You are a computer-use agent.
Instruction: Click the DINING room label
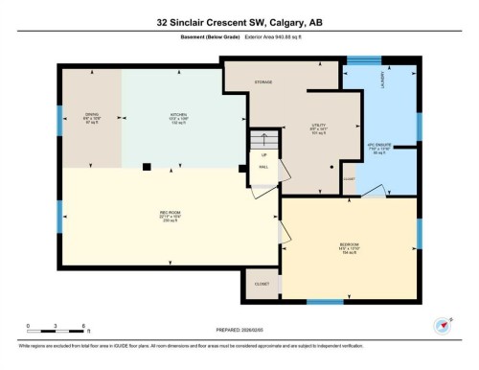(92, 114)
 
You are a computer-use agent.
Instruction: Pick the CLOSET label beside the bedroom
(262, 285)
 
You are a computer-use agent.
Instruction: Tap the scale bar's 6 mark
(85, 327)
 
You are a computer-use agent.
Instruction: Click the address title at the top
(239, 20)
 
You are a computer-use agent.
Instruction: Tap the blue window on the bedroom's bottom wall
(323, 302)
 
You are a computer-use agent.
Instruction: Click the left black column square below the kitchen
(146, 167)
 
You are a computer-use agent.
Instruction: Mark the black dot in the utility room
(331, 166)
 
